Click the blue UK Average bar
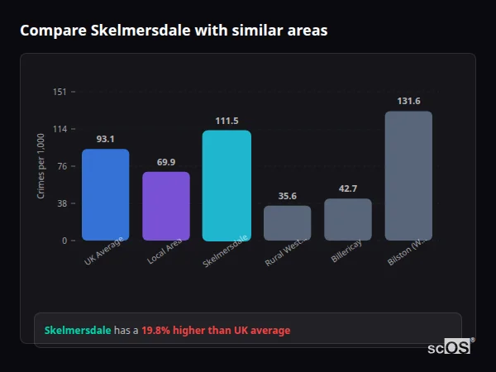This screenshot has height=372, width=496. click(x=105, y=194)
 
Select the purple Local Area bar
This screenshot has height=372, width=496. click(x=166, y=206)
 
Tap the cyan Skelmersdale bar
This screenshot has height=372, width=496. click(x=227, y=185)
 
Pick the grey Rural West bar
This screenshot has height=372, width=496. click(x=287, y=222)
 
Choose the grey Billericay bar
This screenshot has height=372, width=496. click(x=348, y=219)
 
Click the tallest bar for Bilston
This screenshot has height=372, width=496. click(x=408, y=175)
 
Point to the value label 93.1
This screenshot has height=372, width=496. click(x=105, y=139)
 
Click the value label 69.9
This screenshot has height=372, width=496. click(x=166, y=162)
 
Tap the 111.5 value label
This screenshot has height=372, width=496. click(x=227, y=121)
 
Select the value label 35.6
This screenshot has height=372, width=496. click(x=287, y=196)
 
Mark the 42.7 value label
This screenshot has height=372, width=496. click(x=348, y=188)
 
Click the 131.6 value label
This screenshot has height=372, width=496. click(x=408, y=101)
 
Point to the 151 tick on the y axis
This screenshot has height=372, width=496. click(x=60, y=92)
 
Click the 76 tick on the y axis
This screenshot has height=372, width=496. click(x=61, y=166)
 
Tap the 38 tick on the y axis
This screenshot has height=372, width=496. click(x=61, y=203)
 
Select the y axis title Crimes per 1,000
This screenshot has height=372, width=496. click(x=41, y=165)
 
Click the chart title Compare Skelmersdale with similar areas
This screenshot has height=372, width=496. click(x=174, y=31)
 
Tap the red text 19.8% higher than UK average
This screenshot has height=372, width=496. click(x=216, y=331)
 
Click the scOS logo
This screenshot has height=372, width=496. click(x=450, y=347)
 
